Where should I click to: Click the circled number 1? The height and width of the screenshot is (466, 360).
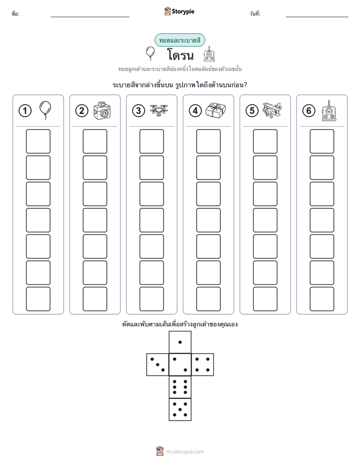pos(25,111)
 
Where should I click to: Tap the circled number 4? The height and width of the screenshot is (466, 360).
pos(195,111)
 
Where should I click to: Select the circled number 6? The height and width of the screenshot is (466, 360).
pos(309,111)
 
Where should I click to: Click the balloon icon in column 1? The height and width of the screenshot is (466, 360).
pos(45,110)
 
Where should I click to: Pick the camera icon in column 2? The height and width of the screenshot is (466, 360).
pos(102,110)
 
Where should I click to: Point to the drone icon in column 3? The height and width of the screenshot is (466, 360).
pos(159,110)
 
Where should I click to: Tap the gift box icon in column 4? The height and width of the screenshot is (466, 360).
pos(216,110)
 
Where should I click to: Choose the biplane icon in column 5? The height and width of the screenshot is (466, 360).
pos(272,110)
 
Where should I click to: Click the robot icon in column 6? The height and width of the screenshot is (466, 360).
pos(329,110)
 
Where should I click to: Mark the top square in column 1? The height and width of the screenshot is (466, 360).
pos(38,141)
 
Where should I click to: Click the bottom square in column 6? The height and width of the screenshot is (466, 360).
pos(322,299)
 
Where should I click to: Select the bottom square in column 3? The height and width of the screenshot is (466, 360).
pos(151,299)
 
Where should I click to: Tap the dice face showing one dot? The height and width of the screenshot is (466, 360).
pos(180,342)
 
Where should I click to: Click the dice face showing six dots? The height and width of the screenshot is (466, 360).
pos(180,387)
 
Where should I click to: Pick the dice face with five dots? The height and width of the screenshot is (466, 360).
pos(180,410)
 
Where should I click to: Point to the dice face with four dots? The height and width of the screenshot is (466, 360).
pos(203,365)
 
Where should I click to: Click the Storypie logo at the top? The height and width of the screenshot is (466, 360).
pos(179,11)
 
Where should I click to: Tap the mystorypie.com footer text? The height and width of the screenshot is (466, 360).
pos(185,452)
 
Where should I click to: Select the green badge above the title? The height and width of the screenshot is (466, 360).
pos(179,40)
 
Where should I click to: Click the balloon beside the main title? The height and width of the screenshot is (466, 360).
pos(150,53)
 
